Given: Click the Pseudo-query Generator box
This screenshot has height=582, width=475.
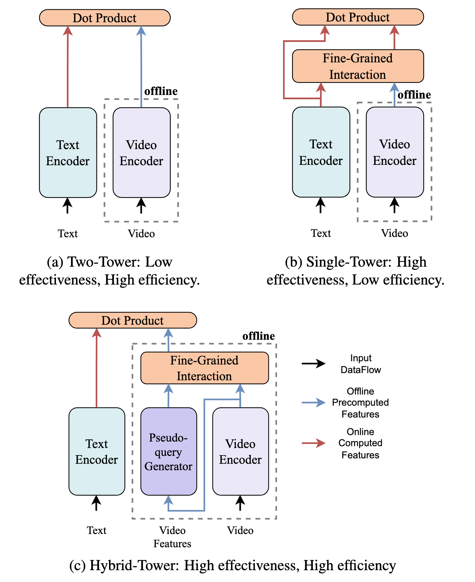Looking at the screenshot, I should coord(168,451).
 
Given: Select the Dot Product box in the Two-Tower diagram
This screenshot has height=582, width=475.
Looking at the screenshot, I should coord(104,18).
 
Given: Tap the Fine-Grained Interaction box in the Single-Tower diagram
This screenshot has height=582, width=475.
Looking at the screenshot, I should coord(358,66).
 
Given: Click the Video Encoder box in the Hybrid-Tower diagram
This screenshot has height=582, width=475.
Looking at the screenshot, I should coord(240,451).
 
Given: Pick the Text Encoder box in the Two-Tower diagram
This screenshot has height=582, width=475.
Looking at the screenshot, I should coord(68,153).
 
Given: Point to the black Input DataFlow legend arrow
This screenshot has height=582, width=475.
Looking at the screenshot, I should coord(313,364).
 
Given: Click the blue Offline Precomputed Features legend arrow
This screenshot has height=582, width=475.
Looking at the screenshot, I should coord(313,403).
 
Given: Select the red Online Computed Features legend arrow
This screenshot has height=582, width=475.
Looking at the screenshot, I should coord(313,443).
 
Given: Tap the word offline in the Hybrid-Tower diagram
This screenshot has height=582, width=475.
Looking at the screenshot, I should coord(258,336).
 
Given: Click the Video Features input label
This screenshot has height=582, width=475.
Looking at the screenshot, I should coord(172,537).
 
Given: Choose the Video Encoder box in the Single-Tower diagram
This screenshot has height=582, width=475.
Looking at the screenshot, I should coord(395,152).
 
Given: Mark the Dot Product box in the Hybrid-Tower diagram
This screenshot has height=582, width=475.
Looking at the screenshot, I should coord(132,320).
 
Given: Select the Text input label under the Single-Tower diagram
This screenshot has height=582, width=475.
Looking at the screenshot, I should coord(321,233).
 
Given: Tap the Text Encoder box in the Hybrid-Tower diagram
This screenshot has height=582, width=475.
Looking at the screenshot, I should coord(97,451).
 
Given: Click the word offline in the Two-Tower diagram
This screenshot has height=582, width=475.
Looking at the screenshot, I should coord(161,91).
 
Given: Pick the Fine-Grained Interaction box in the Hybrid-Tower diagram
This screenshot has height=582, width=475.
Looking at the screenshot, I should coord(204,368).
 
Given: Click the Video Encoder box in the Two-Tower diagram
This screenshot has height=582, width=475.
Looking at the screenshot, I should coord(141,153).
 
